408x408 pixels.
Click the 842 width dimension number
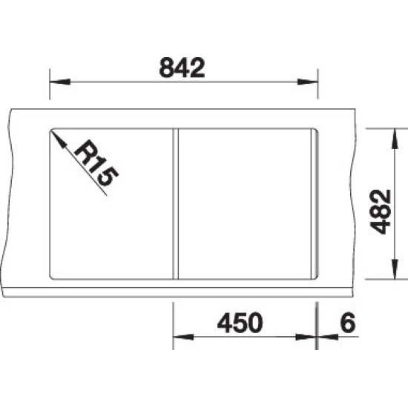[182, 68]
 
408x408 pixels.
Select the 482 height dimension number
[381, 212]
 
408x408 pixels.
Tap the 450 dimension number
[240, 323]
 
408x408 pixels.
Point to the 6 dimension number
[348, 323]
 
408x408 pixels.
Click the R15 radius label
[96, 163]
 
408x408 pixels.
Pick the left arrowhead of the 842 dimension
[60, 82]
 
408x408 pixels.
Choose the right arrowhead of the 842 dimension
[308, 82]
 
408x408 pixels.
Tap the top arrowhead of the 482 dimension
[395, 139]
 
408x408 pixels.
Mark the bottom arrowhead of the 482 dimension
[395, 269]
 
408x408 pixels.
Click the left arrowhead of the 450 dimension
[183, 338]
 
